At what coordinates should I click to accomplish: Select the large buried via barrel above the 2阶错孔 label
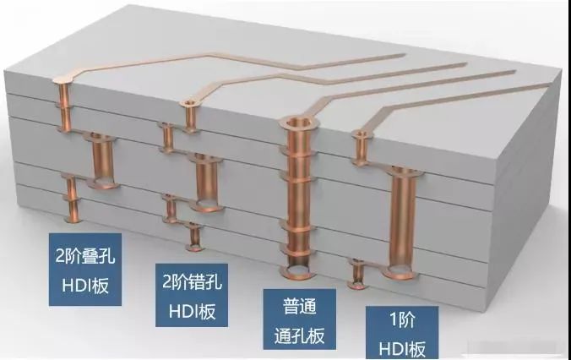[205, 180]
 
